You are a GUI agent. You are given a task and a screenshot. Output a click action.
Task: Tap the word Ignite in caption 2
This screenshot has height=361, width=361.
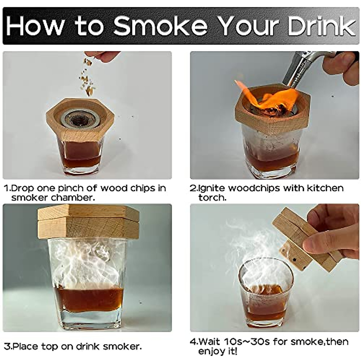coord(211,189)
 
